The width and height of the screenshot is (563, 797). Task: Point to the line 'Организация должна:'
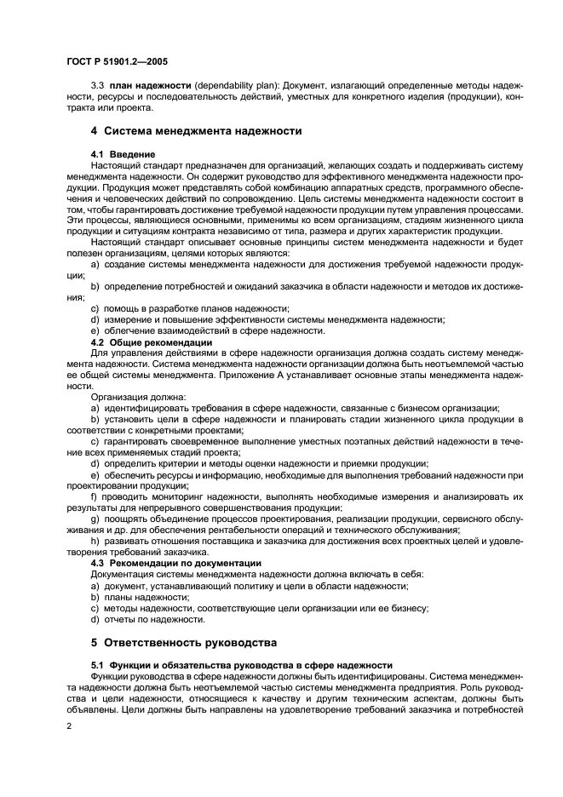point(136,396)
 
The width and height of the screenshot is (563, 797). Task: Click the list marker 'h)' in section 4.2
point(95,541)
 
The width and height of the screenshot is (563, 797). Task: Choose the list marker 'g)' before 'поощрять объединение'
point(95,519)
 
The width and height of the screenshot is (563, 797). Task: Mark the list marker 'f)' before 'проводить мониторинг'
point(94,496)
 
